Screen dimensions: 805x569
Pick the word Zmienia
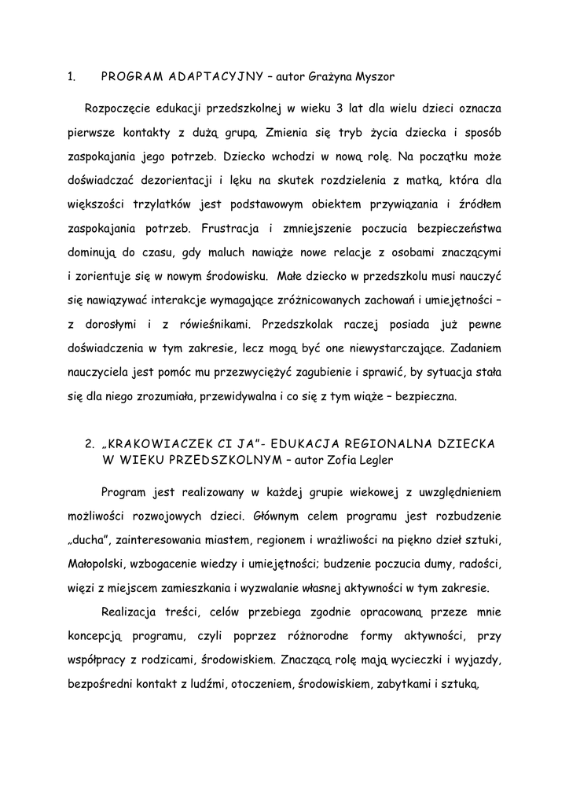pyautogui.click(x=290, y=130)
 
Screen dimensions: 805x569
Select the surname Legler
pyautogui.click(x=377, y=459)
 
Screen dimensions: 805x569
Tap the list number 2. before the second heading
pyautogui.click(x=89, y=444)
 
